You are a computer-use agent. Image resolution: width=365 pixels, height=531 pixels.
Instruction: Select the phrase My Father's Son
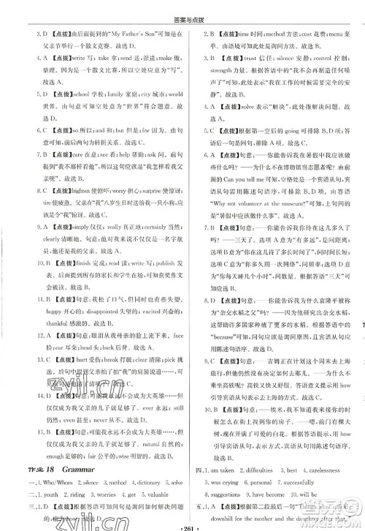pos(117,34)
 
